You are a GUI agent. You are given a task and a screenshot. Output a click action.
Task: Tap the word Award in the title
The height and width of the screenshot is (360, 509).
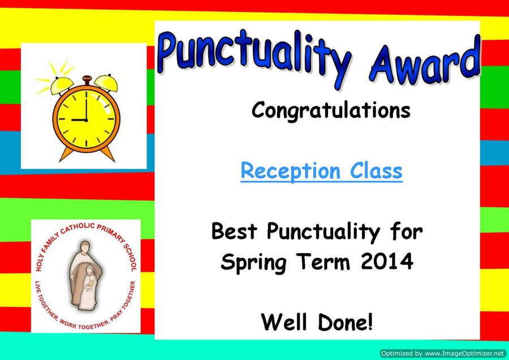(x=424, y=62)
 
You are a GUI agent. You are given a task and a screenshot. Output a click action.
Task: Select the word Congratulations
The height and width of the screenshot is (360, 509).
(x=331, y=111)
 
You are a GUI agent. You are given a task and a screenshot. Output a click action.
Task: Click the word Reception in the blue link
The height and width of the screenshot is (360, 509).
(x=291, y=172)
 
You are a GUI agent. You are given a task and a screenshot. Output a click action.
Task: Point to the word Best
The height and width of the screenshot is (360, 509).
(x=234, y=231)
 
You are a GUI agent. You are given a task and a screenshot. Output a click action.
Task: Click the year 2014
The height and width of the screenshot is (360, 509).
(x=387, y=261)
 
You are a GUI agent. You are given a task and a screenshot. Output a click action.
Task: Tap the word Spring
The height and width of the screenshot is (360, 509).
(x=253, y=263)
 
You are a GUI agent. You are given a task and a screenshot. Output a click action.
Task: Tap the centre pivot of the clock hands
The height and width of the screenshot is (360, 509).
(x=86, y=120)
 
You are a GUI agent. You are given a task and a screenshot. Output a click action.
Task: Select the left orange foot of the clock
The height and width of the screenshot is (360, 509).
(x=66, y=154)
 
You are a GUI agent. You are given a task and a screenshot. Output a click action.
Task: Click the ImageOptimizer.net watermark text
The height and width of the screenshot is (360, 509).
(x=443, y=354)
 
